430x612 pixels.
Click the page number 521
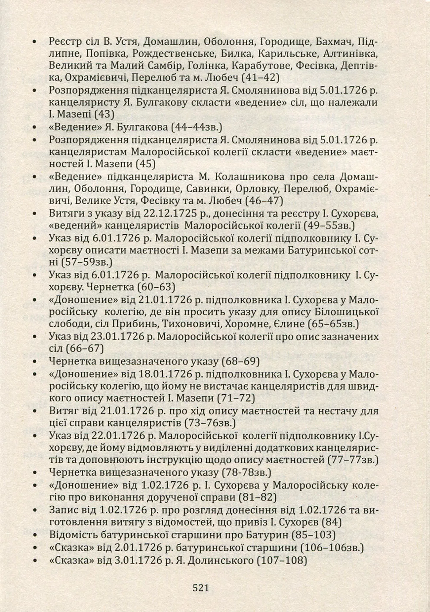click(x=200, y=588)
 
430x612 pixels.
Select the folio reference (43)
click(x=104, y=114)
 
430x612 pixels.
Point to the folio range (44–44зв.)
click(x=196, y=127)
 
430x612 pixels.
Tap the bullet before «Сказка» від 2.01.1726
click(x=35, y=548)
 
